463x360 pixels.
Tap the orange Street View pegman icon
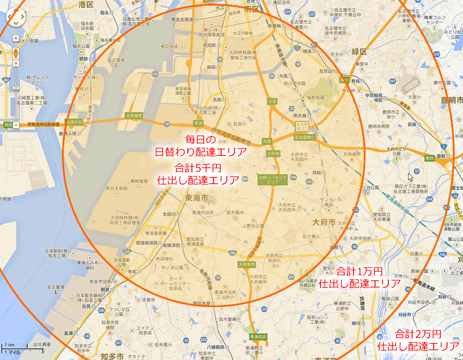coord(15,53)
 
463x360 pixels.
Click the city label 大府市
coord(324,222)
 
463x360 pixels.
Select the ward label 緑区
coord(359,52)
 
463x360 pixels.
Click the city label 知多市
coord(112,356)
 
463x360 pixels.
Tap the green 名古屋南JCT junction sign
coord(302,125)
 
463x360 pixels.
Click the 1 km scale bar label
coord(10,344)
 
